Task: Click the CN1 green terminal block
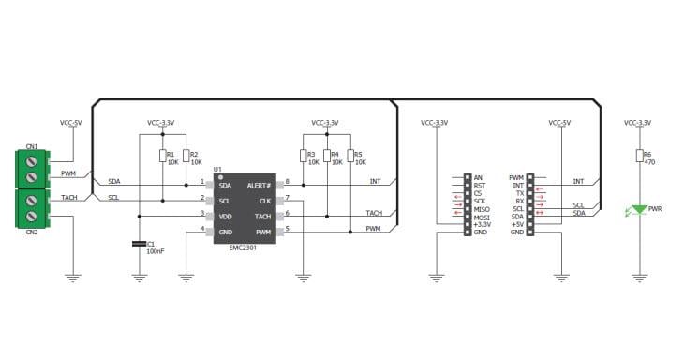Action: coord(32,167)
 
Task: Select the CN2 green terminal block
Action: coord(32,208)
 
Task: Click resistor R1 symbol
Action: coord(162,156)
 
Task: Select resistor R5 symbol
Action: coord(349,156)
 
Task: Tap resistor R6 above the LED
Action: coord(640,156)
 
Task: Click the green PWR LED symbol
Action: coord(640,211)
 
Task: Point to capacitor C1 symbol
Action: coord(140,245)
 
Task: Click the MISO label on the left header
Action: coord(479,208)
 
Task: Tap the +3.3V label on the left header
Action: coord(482,223)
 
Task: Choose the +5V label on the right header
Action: coord(516,223)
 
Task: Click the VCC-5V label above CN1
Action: coord(72,123)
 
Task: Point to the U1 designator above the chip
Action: coord(217,170)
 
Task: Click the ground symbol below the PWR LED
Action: coord(640,277)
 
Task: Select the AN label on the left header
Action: coord(477,177)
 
